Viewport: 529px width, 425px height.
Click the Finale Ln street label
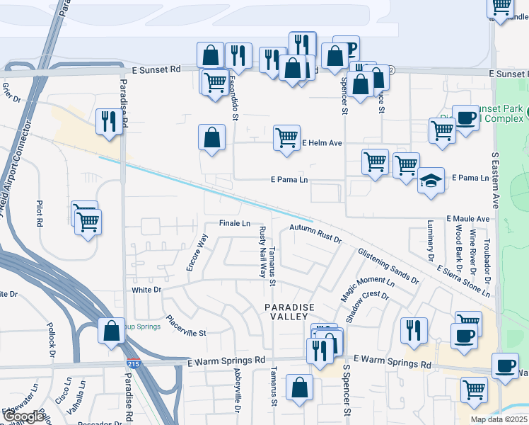coord(235,223)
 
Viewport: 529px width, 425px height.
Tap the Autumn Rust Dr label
coord(315,234)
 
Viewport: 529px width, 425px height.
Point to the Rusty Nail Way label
coord(262,252)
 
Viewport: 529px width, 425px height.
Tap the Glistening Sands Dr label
coord(388,266)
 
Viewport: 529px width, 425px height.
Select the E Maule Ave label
coord(467,220)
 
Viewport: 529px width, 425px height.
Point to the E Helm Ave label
coord(322,143)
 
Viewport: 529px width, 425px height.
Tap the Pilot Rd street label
coord(40,213)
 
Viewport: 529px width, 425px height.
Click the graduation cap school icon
coord(431,181)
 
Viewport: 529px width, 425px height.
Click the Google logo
coord(23,416)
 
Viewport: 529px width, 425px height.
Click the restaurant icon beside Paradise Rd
coord(109,121)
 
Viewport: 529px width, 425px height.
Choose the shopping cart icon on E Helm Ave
coord(286,138)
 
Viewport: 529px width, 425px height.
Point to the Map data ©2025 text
coord(499,419)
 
